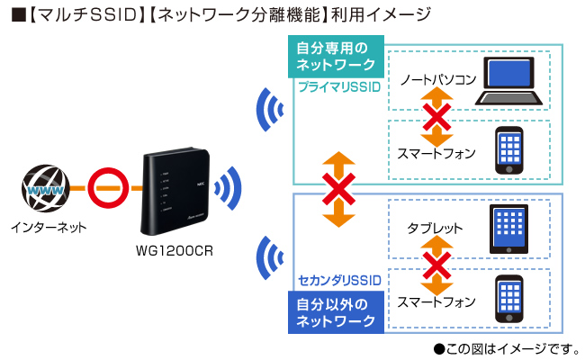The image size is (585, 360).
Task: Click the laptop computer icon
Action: click(x=509, y=82)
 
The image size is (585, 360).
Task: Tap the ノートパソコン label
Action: click(x=438, y=80)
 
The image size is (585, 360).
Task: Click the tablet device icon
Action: click(x=509, y=229)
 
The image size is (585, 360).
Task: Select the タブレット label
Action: click(x=434, y=229)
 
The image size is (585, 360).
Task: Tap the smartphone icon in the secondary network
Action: click(x=509, y=298)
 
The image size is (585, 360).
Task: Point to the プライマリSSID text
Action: click(x=339, y=86)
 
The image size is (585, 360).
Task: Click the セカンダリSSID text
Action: click(x=339, y=282)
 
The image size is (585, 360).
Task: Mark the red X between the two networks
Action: click(x=339, y=189)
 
